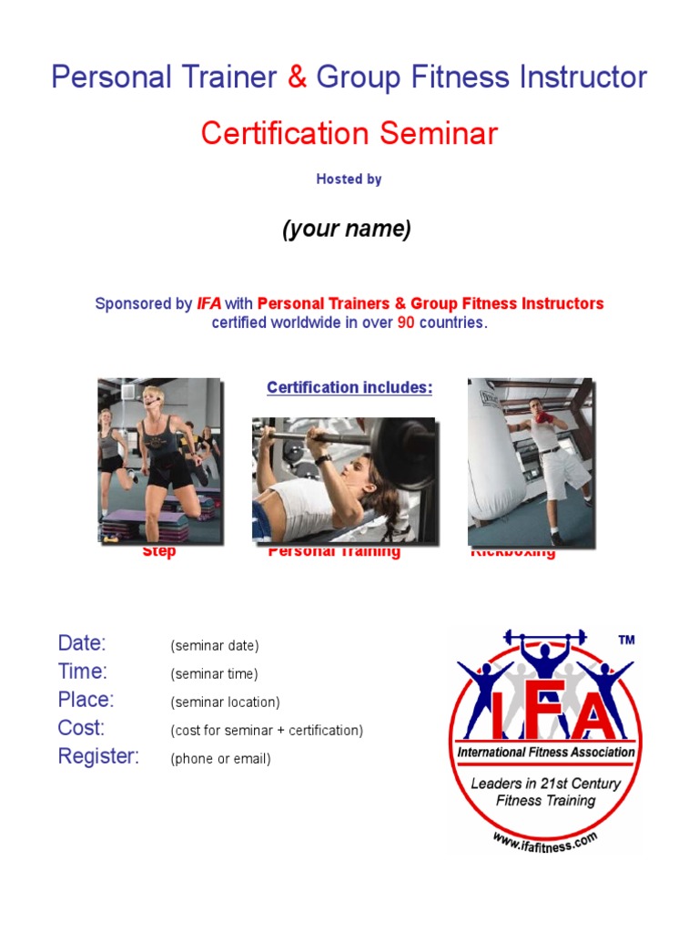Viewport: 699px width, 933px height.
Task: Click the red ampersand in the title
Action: click(297, 77)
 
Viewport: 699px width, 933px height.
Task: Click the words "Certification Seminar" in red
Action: click(349, 134)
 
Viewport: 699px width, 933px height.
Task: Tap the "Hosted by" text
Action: click(349, 179)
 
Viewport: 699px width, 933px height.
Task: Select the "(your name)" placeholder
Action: click(347, 230)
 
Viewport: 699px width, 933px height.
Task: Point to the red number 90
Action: click(406, 323)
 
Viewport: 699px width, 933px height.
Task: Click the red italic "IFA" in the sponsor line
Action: click(209, 303)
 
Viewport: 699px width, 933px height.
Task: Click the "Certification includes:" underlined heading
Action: click(349, 388)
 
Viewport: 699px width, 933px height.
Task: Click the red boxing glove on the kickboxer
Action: click(543, 417)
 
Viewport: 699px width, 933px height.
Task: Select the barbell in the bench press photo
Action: click(346, 436)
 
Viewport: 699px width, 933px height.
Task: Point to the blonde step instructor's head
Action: click(151, 398)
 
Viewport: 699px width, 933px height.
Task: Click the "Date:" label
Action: click(82, 643)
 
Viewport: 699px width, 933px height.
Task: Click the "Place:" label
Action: click(86, 700)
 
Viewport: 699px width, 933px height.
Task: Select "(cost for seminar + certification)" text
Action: click(267, 731)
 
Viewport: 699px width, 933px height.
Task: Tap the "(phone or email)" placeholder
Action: click(220, 759)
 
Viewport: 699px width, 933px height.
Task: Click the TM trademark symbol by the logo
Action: click(626, 641)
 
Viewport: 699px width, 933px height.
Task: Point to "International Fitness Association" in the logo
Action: click(546, 753)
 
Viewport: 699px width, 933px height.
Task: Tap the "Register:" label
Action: click(98, 756)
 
